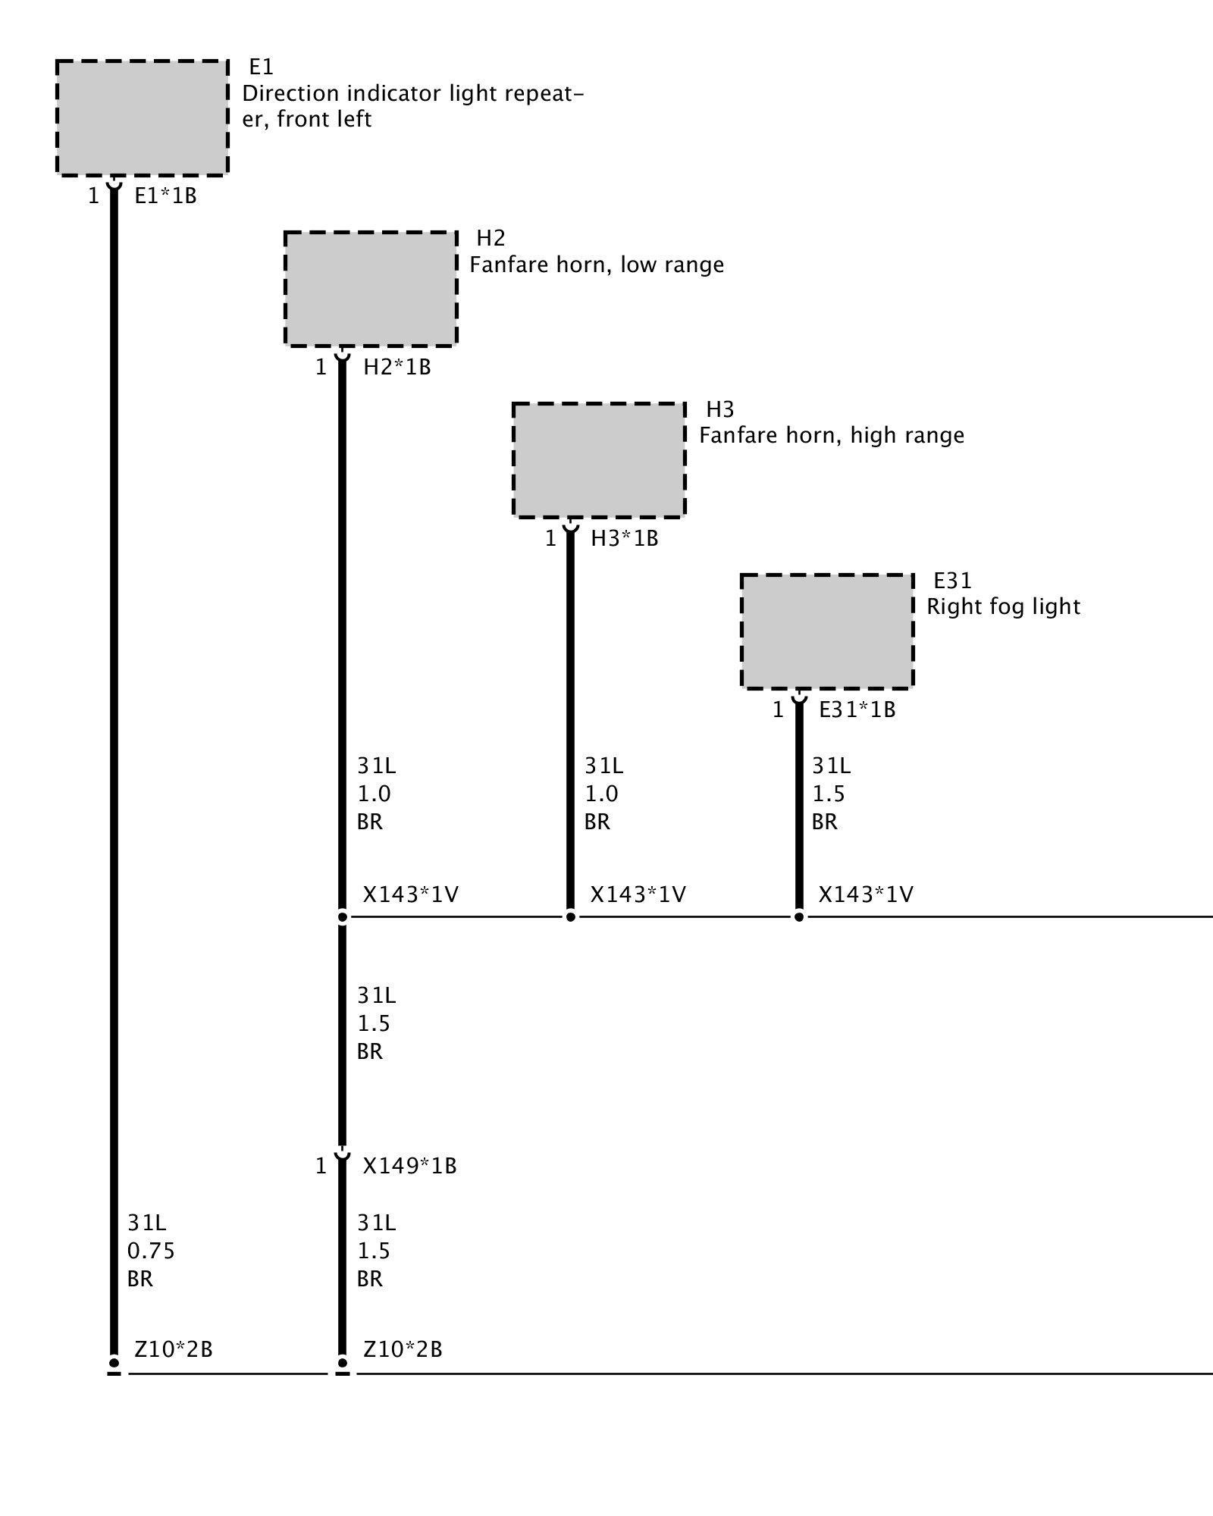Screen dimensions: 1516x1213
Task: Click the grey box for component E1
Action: click(x=142, y=118)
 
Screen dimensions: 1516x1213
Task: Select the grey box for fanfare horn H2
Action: click(x=371, y=289)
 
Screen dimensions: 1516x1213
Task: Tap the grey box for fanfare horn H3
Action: click(x=599, y=460)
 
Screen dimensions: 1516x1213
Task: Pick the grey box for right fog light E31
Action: click(x=827, y=631)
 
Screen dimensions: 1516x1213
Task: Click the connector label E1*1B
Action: click(x=165, y=196)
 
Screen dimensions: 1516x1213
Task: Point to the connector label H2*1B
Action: click(x=396, y=368)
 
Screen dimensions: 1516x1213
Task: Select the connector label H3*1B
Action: click(x=624, y=539)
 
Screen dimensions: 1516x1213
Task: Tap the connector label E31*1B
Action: click(x=857, y=710)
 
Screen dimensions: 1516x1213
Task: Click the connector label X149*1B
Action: click(x=409, y=1166)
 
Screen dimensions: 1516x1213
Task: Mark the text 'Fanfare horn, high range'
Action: click(x=831, y=436)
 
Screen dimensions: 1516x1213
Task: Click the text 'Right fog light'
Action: click(x=1003, y=606)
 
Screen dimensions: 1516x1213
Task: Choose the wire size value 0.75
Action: click(x=151, y=1251)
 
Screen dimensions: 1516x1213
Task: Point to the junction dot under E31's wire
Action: click(x=798, y=917)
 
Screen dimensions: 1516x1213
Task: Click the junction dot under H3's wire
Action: click(x=571, y=917)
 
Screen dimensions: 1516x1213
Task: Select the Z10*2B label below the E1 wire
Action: click(x=173, y=1349)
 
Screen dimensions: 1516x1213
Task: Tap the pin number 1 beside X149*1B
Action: click(x=321, y=1166)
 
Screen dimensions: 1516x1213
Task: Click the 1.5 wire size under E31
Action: click(x=828, y=794)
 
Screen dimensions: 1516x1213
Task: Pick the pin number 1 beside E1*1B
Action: click(x=93, y=196)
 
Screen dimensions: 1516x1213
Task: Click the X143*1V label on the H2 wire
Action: click(x=410, y=895)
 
